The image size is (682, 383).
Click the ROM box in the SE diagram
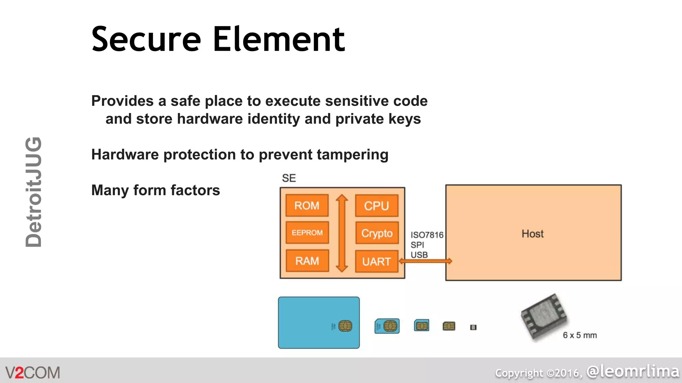[307, 205]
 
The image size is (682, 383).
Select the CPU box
[376, 206]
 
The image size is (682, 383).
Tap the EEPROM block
[307, 233]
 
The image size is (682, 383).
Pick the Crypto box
[377, 233]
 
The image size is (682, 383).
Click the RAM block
[307, 261]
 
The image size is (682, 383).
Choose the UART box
[376, 262]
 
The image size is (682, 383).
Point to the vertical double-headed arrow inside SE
[342, 233]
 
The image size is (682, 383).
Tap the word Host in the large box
[532, 234]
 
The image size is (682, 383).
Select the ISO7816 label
[427, 235]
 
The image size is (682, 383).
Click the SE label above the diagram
[289, 178]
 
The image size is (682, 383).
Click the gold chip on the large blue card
[345, 326]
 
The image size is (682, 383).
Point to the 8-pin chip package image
[543, 317]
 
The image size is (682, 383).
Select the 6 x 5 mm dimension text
[580, 335]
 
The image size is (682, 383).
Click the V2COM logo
[33, 372]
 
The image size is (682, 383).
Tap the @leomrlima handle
[633, 371]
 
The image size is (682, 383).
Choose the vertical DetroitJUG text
[34, 192]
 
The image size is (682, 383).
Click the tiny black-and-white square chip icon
[473, 327]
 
